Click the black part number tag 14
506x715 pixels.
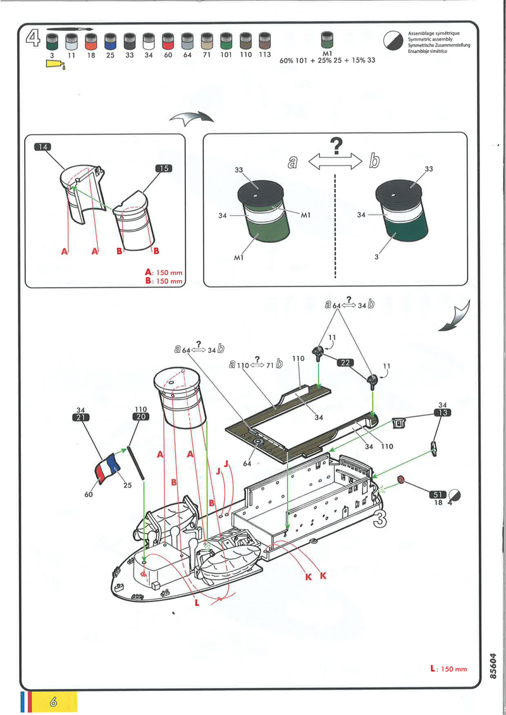click(42, 147)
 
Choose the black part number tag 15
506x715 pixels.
click(163, 168)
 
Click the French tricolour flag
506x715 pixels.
click(108, 467)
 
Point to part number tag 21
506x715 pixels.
click(80, 417)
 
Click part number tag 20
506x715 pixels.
click(141, 417)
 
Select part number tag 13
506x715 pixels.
click(443, 413)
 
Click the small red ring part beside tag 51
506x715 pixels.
click(400, 480)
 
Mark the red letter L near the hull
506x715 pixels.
click(197, 602)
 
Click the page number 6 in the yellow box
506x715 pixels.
click(53, 701)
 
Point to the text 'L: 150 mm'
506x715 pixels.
click(448, 668)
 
